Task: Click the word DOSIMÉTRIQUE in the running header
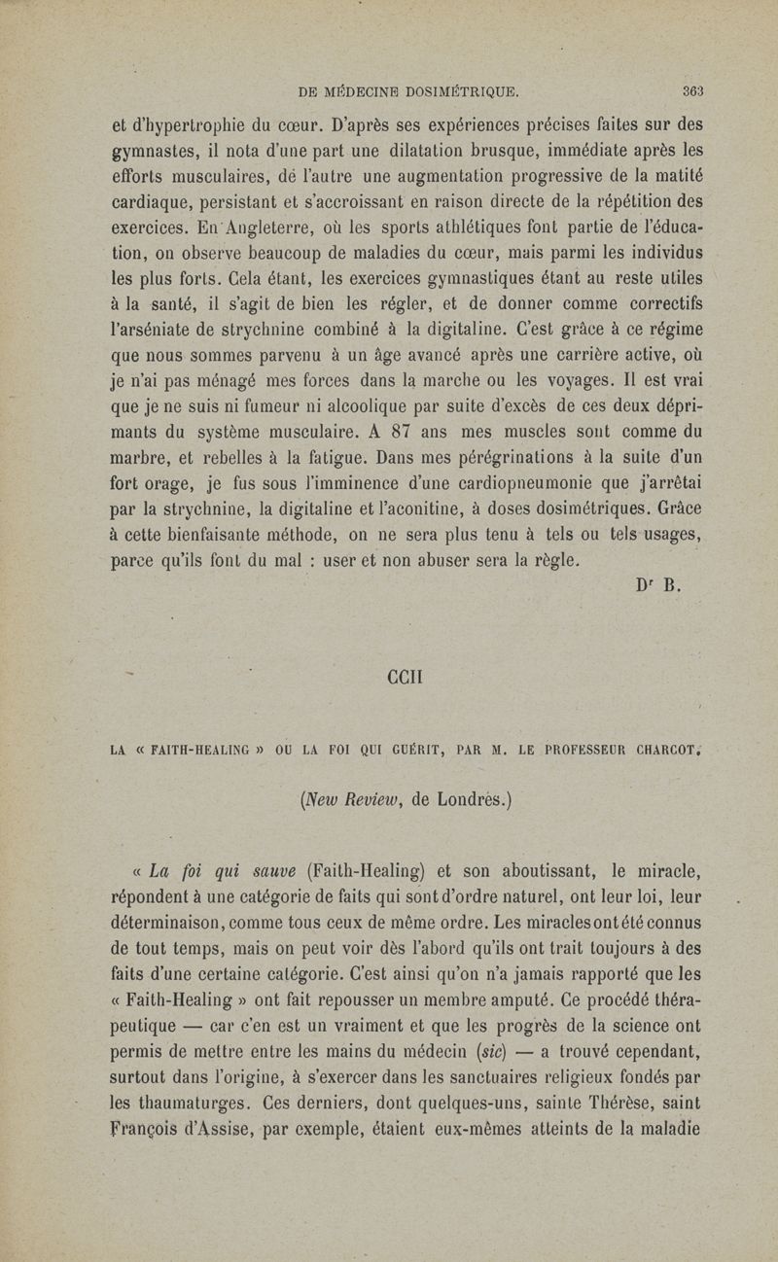coord(449,93)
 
